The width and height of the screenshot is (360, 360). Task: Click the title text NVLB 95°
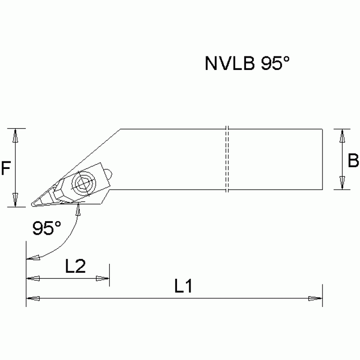coord(244,63)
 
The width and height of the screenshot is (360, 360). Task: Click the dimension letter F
coord(6,168)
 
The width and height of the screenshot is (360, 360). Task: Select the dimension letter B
coord(353,161)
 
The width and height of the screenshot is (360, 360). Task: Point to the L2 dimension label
coord(75,267)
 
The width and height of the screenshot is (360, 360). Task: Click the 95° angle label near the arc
coord(46,228)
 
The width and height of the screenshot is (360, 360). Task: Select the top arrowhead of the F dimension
coord(15,136)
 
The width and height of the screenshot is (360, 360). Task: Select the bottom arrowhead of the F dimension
coord(15,199)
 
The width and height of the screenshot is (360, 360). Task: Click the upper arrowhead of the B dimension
coord(342,136)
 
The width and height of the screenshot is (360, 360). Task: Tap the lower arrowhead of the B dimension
coord(342,183)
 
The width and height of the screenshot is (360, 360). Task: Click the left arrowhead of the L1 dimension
coord(32,298)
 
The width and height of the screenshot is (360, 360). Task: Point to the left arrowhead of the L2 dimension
coord(32,278)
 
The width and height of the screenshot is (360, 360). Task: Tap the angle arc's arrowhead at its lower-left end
coord(33,257)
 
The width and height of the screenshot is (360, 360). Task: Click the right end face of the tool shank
coord(322,160)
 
